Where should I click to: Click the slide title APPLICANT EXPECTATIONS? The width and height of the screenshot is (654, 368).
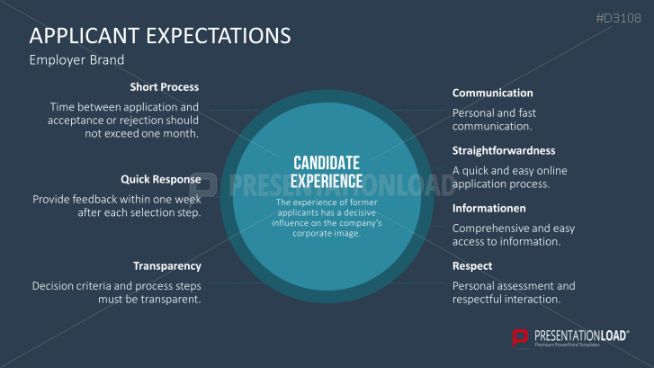click(160, 35)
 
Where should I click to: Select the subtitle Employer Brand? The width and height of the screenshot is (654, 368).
click(76, 60)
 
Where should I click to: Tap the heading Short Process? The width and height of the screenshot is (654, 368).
click(165, 86)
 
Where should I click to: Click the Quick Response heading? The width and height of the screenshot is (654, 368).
click(161, 179)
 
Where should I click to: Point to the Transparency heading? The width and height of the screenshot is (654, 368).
click(166, 266)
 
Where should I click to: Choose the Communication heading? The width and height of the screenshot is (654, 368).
click(493, 93)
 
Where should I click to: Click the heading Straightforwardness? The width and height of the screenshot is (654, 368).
click(504, 150)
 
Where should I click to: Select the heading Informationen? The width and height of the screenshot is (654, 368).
click(488, 208)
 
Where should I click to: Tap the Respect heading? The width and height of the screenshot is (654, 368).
click(472, 266)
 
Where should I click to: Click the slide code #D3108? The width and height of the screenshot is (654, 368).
click(619, 18)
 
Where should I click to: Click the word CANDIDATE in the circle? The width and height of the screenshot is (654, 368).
click(327, 163)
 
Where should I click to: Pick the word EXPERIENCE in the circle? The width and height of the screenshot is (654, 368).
click(327, 182)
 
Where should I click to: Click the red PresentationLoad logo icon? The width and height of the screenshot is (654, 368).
click(520, 337)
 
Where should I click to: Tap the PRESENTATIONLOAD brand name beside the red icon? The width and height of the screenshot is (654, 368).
click(581, 336)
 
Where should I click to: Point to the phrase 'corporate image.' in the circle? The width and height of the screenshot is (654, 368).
click(327, 234)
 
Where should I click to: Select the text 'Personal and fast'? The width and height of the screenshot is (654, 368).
click(494, 113)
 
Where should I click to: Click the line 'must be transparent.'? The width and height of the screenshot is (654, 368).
click(149, 299)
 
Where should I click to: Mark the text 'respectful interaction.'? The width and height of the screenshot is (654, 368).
click(506, 299)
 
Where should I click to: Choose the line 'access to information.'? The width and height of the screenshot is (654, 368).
click(506, 241)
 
